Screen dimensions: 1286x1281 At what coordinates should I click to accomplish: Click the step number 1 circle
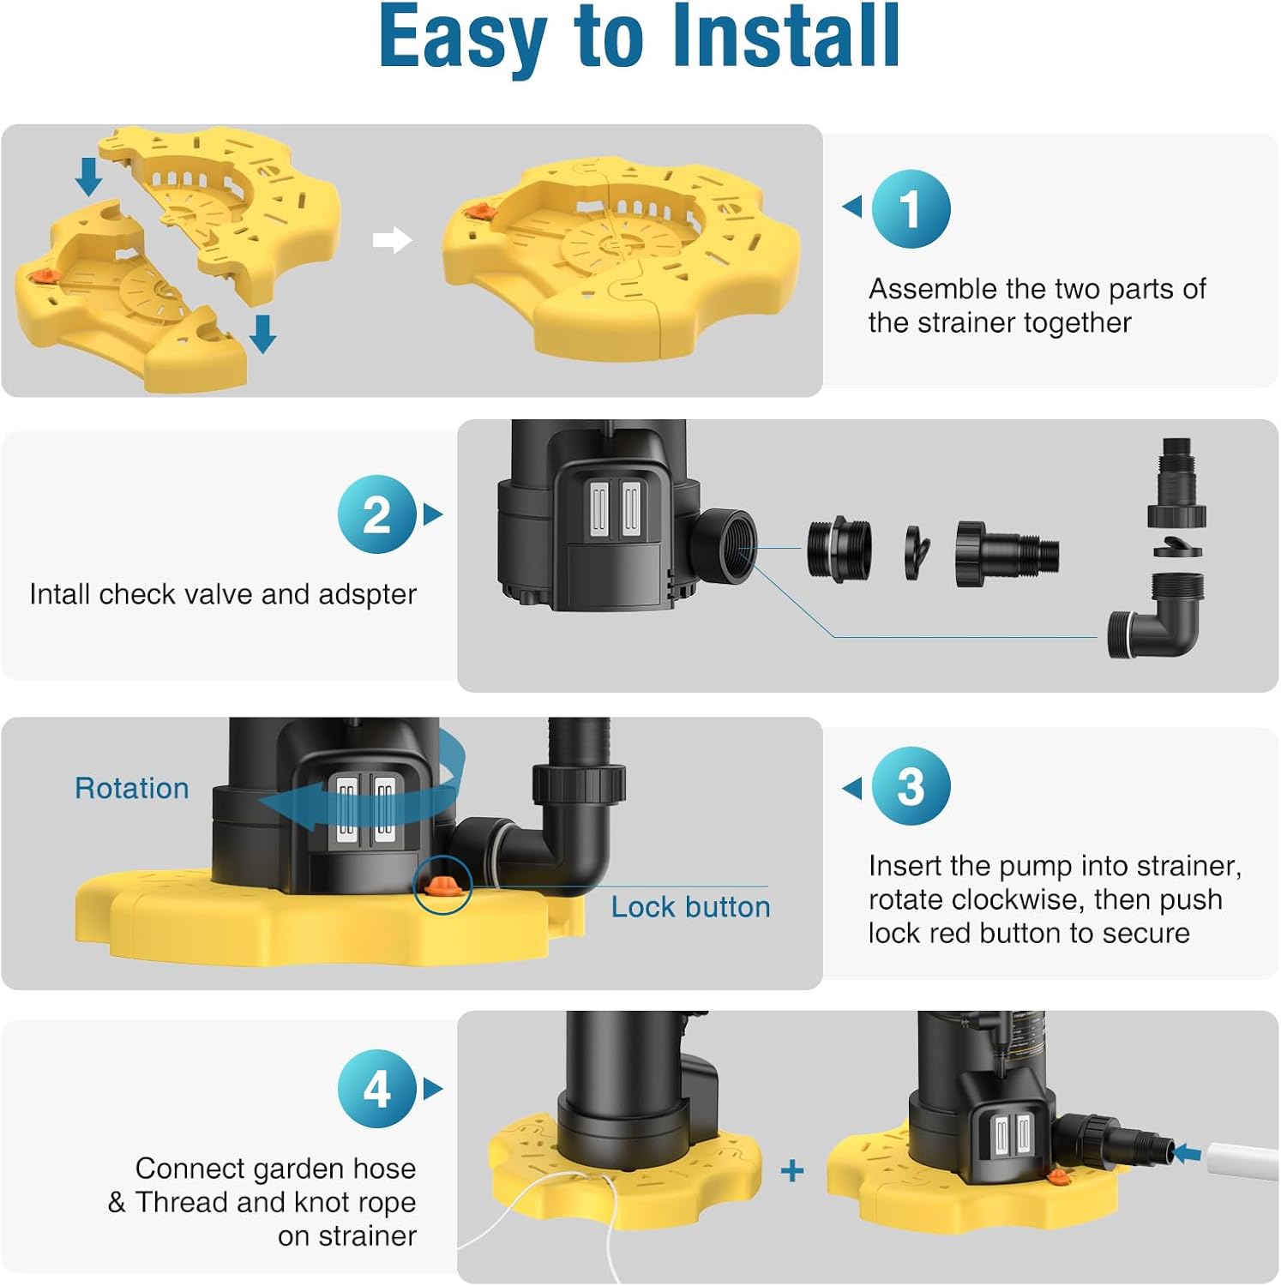coord(911,208)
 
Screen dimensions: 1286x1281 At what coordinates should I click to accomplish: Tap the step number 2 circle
coord(377,514)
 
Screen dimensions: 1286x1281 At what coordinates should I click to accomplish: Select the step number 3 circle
coord(911,786)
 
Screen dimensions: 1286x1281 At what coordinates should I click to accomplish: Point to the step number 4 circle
coord(377,1089)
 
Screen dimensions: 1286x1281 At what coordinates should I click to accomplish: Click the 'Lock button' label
coord(690,907)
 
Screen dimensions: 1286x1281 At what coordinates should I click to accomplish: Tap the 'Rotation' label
coord(132,788)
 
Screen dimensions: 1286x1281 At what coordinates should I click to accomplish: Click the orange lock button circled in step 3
coord(442,886)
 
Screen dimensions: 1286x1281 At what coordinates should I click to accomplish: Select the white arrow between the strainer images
coord(392,241)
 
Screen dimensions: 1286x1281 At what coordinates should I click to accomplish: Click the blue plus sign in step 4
coord(792,1170)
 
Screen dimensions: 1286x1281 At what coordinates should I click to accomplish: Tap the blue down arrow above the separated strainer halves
coord(88,176)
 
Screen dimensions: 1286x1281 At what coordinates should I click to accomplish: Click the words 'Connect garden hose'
coord(275,1169)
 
